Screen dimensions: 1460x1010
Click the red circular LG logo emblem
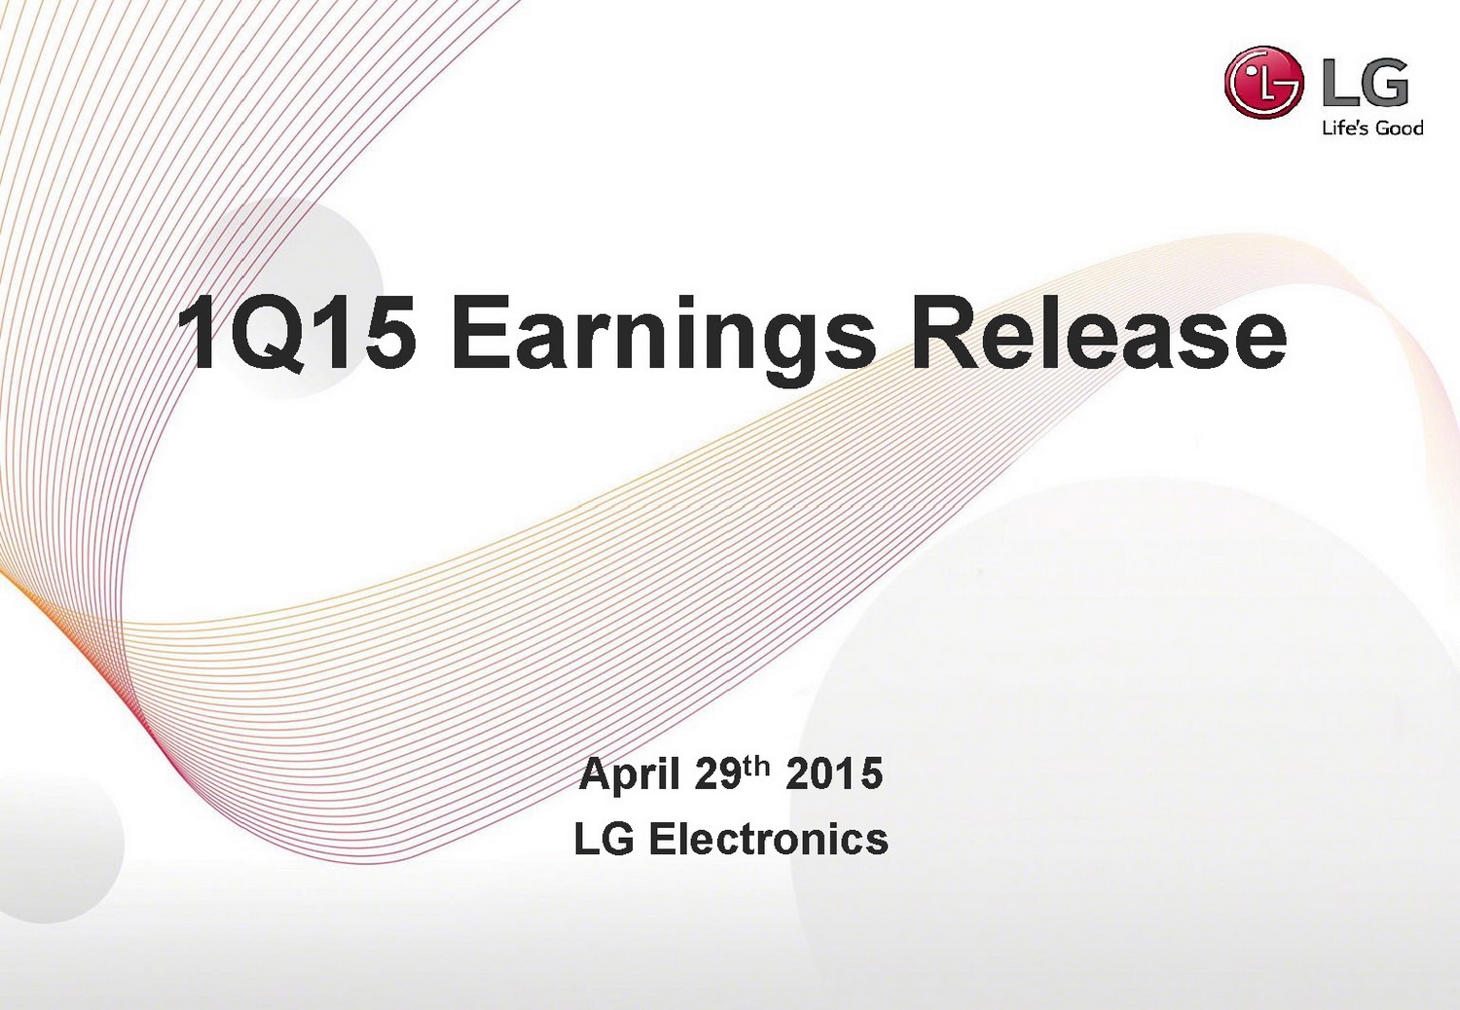(x=1263, y=83)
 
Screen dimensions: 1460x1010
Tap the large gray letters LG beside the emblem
(x=1365, y=83)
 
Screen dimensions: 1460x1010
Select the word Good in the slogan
(x=1399, y=127)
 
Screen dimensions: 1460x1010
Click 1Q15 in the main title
(x=297, y=333)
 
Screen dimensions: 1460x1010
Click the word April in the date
(x=629, y=775)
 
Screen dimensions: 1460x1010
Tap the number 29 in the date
(x=717, y=774)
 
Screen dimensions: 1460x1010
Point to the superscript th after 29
(x=756, y=767)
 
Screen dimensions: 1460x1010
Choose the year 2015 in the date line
(x=834, y=774)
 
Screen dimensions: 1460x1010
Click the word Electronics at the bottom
(x=769, y=840)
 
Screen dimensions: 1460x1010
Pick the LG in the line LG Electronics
(x=603, y=840)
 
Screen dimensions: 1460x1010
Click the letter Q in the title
(x=266, y=334)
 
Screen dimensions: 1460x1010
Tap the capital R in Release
(x=944, y=332)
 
